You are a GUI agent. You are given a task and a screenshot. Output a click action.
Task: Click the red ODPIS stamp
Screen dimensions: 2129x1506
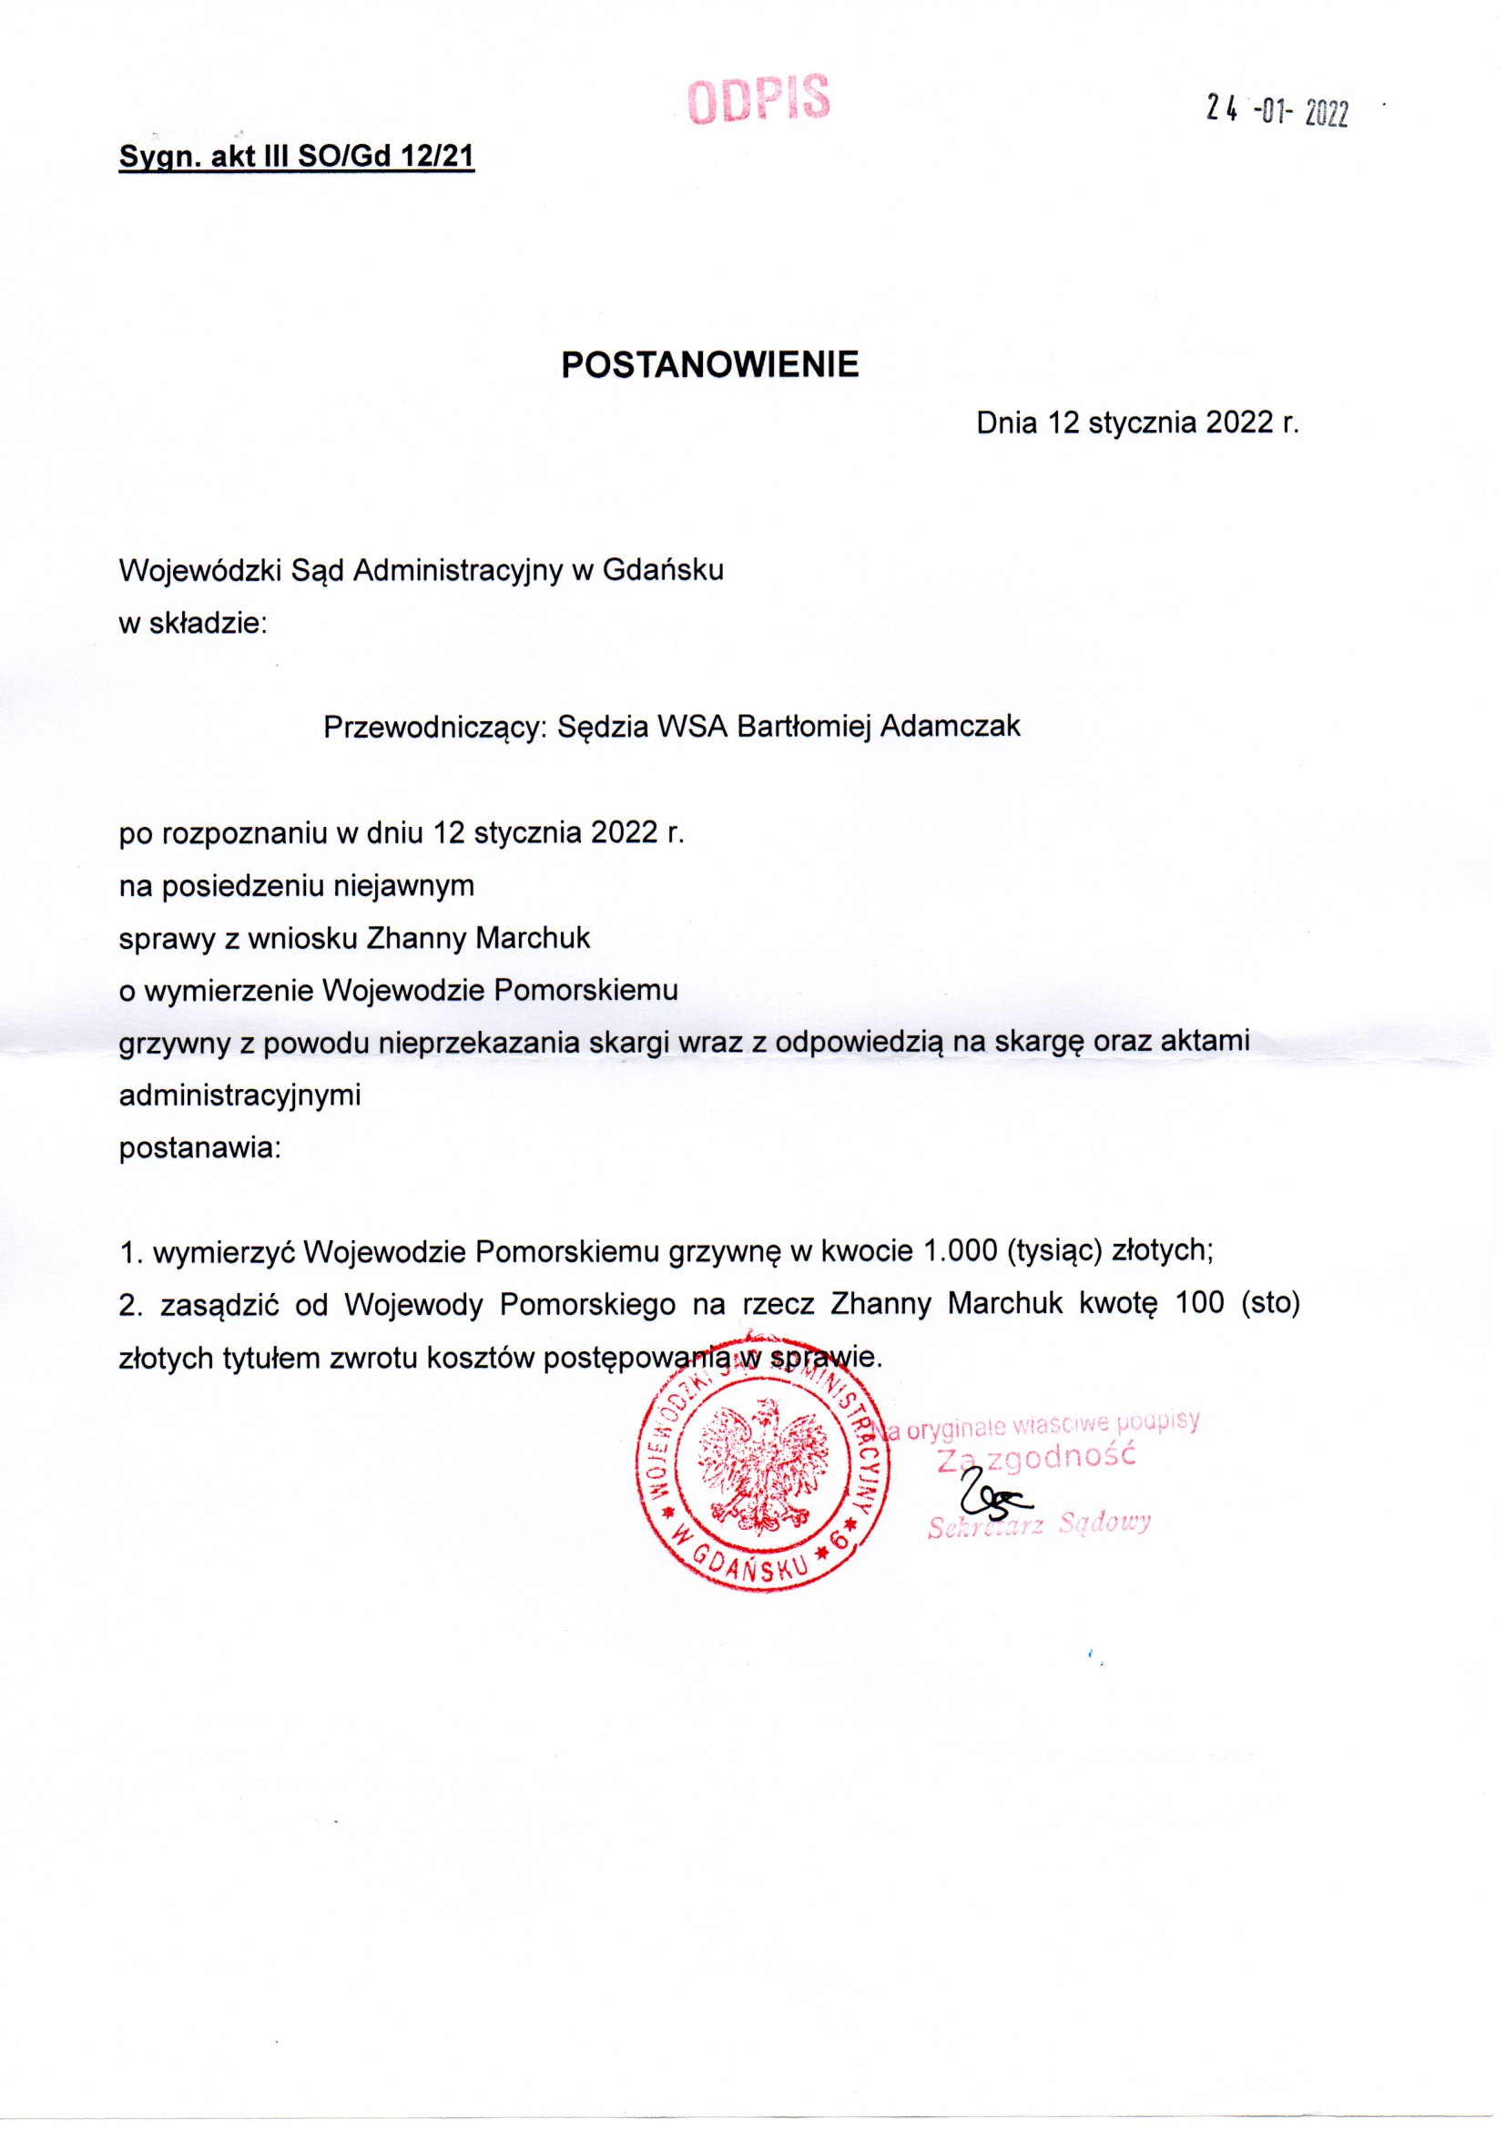758,100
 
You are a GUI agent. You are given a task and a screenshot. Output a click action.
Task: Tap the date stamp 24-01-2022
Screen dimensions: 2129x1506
1276,112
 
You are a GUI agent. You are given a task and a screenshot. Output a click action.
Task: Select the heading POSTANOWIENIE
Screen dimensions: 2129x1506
710,365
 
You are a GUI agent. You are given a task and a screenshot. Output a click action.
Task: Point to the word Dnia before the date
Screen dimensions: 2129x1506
1008,423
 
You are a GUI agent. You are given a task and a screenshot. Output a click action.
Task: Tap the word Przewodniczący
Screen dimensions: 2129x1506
435,727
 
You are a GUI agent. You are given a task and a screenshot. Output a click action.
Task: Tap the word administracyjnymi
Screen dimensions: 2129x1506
240,1096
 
